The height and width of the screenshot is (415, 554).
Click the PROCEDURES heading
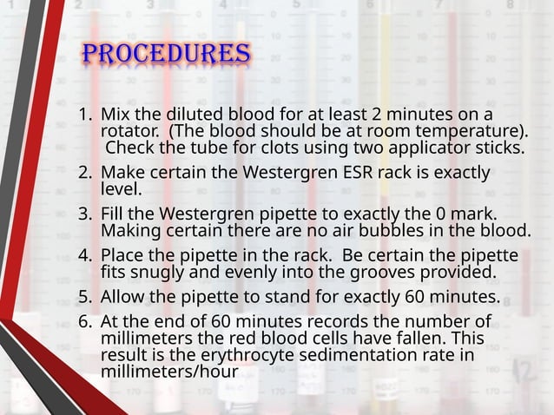click(167, 54)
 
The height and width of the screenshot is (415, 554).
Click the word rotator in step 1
click(129, 131)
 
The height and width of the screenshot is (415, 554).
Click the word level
click(122, 188)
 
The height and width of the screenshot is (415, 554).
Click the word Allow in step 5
click(124, 297)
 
